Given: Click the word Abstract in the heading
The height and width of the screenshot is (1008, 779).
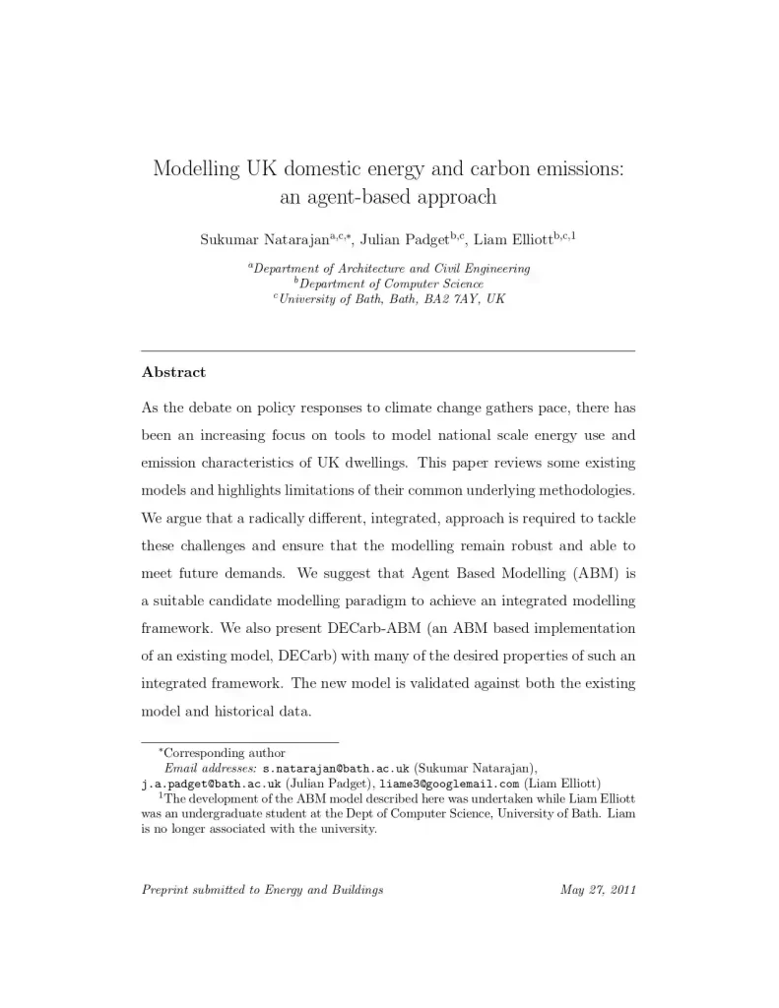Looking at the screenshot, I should coord(173,372).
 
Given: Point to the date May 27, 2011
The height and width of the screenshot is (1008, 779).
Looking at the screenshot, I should coord(598,890).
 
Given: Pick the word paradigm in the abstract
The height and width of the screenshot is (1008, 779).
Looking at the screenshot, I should coord(388,600).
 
